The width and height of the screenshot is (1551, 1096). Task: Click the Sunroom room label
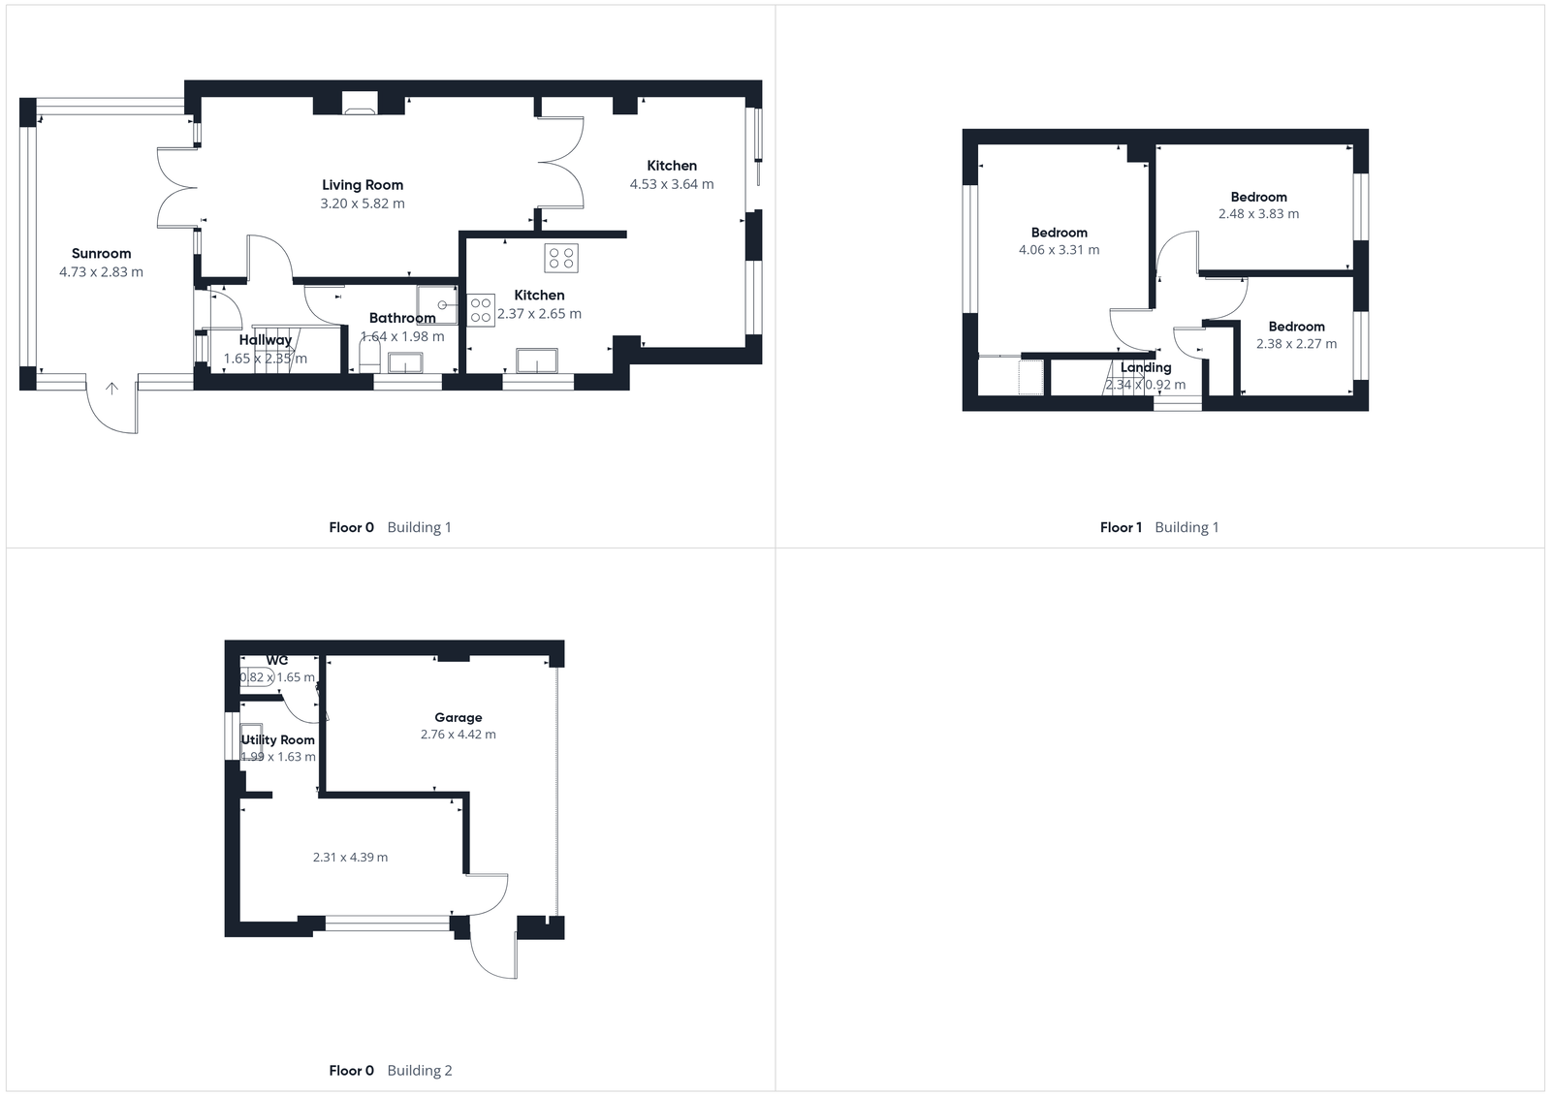pyautogui.click(x=101, y=254)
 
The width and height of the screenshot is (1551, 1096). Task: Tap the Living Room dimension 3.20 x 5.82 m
pyautogui.click(x=363, y=204)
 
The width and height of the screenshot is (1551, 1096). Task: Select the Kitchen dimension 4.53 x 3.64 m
pyautogui.click(x=672, y=184)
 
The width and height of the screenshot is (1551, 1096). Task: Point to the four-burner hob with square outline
pyautogui.click(x=561, y=257)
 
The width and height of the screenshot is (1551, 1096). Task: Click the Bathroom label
pyautogui.click(x=402, y=318)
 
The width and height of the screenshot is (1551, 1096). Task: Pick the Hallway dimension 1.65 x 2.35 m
pyautogui.click(x=266, y=359)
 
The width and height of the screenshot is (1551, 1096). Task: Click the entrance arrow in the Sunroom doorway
pyautogui.click(x=112, y=389)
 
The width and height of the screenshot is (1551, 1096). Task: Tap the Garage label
pyautogui.click(x=459, y=718)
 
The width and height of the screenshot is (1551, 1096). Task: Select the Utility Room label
pyautogui.click(x=278, y=740)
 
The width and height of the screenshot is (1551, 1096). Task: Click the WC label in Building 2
pyautogui.click(x=277, y=661)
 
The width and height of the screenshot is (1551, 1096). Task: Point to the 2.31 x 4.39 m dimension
pyautogui.click(x=350, y=858)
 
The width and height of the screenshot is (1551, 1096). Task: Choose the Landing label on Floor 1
pyautogui.click(x=1146, y=368)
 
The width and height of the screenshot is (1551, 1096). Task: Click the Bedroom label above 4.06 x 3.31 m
pyautogui.click(x=1060, y=233)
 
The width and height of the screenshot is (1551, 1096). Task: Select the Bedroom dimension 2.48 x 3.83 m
pyautogui.click(x=1258, y=214)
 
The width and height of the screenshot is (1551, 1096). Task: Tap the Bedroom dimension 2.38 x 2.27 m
pyautogui.click(x=1296, y=344)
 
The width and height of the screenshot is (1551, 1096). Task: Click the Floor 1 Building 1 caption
pyautogui.click(x=1159, y=527)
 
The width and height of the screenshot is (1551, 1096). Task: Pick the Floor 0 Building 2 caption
pyautogui.click(x=391, y=1071)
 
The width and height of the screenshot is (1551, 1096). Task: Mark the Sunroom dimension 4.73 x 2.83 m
pyautogui.click(x=101, y=272)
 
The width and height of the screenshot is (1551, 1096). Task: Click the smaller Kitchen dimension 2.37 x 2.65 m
pyautogui.click(x=539, y=314)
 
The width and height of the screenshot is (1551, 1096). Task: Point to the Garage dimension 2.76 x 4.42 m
pyautogui.click(x=459, y=735)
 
